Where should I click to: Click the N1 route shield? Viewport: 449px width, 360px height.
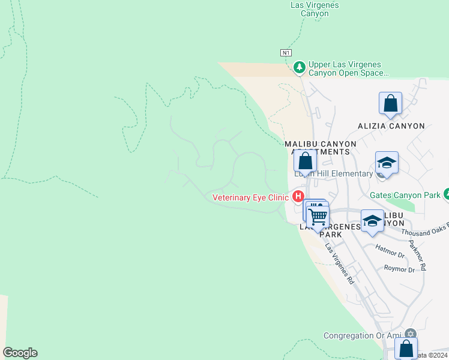pyautogui.click(x=286, y=53)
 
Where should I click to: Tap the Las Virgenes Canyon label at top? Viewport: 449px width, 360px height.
pyautogui.click(x=314, y=9)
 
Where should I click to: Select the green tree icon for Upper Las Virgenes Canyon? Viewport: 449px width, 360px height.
pyautogui.click(x=300, y=67)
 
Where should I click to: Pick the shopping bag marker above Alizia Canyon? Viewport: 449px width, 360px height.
pyautogui.click(x=390, y=103)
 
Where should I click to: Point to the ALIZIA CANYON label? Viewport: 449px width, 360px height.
pyautogui.click(x=391, y=126)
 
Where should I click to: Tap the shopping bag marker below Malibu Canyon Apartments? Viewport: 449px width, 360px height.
pyautogui.click(x=305, y=161)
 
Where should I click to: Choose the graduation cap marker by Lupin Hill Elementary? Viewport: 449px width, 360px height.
pyautogui.click(x=387, y=163)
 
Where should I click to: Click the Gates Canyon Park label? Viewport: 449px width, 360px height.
pyautogui.click(x=405, y=195)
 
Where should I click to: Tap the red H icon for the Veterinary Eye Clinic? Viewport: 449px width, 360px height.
pyautogui.click(x=298, y=196)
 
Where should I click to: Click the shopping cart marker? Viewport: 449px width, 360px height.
pyautogui.click(x=318, y=214)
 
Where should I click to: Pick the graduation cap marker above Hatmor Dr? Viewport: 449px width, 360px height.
pyautogui.click(x=372, y=221)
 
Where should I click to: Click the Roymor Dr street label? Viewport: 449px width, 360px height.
pyautogui.click(x=399, y=269)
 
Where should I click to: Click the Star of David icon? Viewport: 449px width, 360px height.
pyautogui.click(x=411, y=334)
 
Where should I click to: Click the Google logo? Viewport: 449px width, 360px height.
pyautogui.click(x=20, y=353)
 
